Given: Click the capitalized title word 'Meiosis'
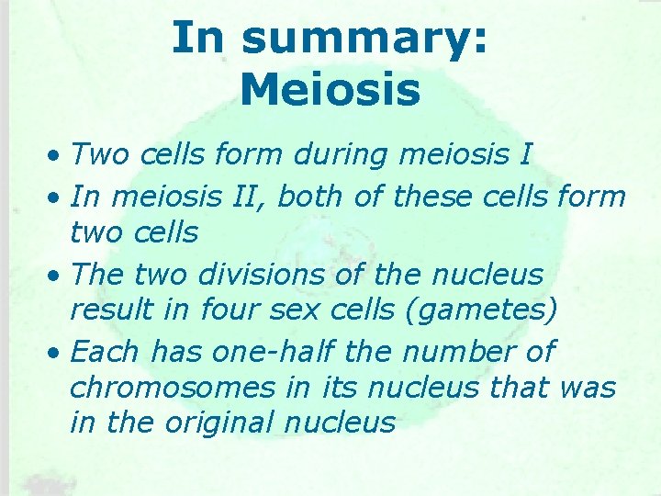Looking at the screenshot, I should click(x=330, y=90).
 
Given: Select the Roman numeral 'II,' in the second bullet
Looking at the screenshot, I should click(x=248, y=195).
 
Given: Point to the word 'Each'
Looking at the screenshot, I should click(x=106, y=350).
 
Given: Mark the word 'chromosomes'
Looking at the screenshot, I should click(x=173, y=388).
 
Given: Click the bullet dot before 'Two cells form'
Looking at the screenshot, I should click(x=56, y=156).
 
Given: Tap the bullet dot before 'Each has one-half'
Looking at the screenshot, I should click(x=56, y=352).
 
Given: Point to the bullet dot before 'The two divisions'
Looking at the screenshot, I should click(x=56, y=275).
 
